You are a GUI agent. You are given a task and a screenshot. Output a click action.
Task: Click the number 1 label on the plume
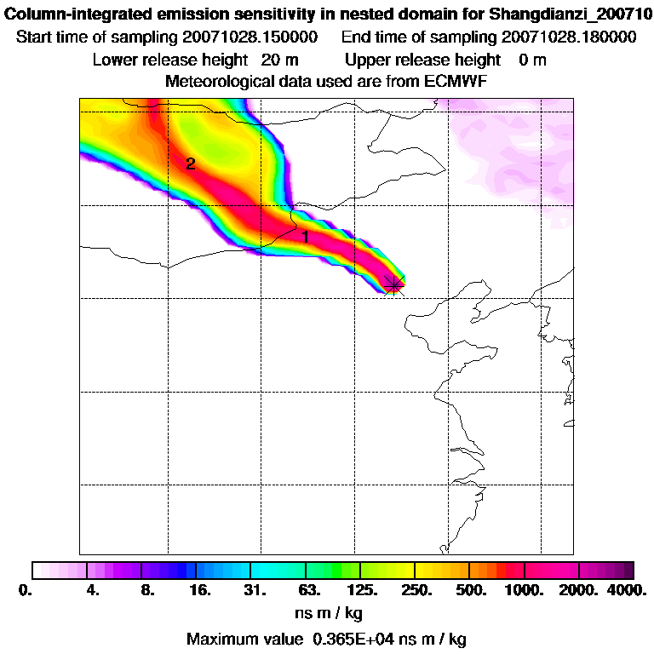pos(306,238)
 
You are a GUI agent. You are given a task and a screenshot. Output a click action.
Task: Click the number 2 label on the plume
pos(191,164)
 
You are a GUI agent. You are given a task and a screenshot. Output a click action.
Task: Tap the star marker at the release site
pos(393,284)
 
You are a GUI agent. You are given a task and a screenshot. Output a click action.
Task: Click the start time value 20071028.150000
pos(250,38)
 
